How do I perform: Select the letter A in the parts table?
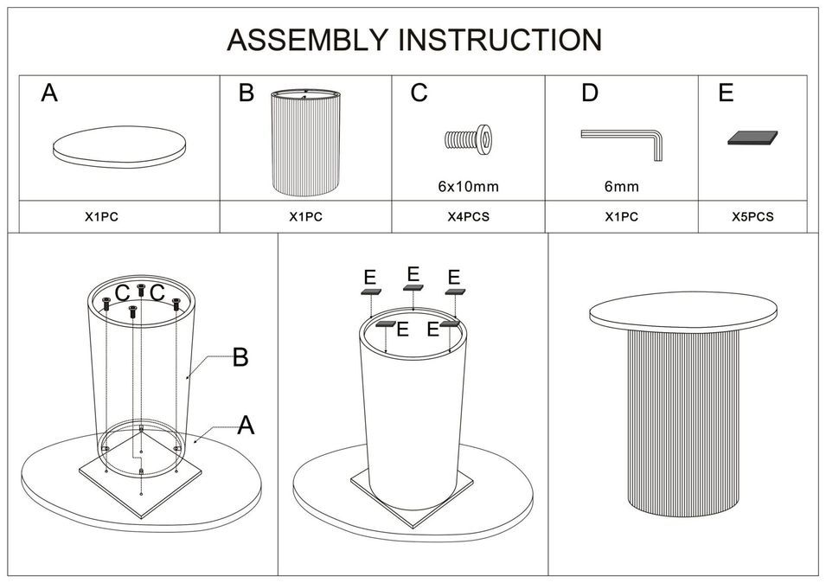(49, 93)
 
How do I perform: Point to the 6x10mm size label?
(468, 186)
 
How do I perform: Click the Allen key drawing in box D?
(622, 140)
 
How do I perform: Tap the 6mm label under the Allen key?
(621, 186)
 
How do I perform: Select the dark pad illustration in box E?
(752, 138)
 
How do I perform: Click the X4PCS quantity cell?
(468, 217)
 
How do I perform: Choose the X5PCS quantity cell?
(752, 217)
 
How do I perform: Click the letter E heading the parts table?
(726, 93)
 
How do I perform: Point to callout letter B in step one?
(240, 357)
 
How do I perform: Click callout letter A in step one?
(246, 425)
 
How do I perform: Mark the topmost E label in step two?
(413, 274)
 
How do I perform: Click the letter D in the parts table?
(589, 93)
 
